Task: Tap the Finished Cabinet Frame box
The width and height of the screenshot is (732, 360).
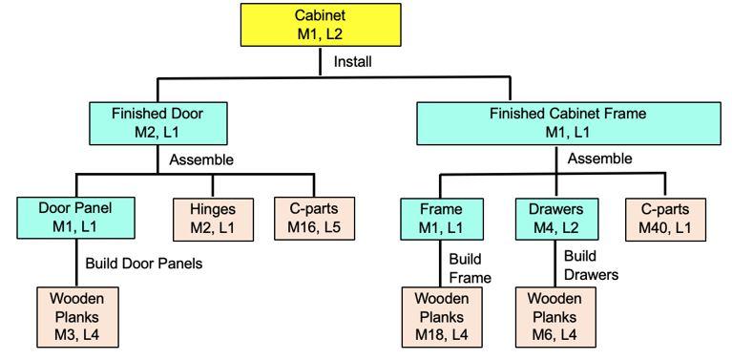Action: click(x=567, y=122)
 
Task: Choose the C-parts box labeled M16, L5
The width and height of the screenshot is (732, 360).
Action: click(x=314, y=217)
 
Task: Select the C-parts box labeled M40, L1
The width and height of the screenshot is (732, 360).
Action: click(x=664, y=217)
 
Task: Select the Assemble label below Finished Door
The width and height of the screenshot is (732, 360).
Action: click(x=201, y=159)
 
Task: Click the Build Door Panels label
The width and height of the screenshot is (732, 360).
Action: click(x=143, y=263)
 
